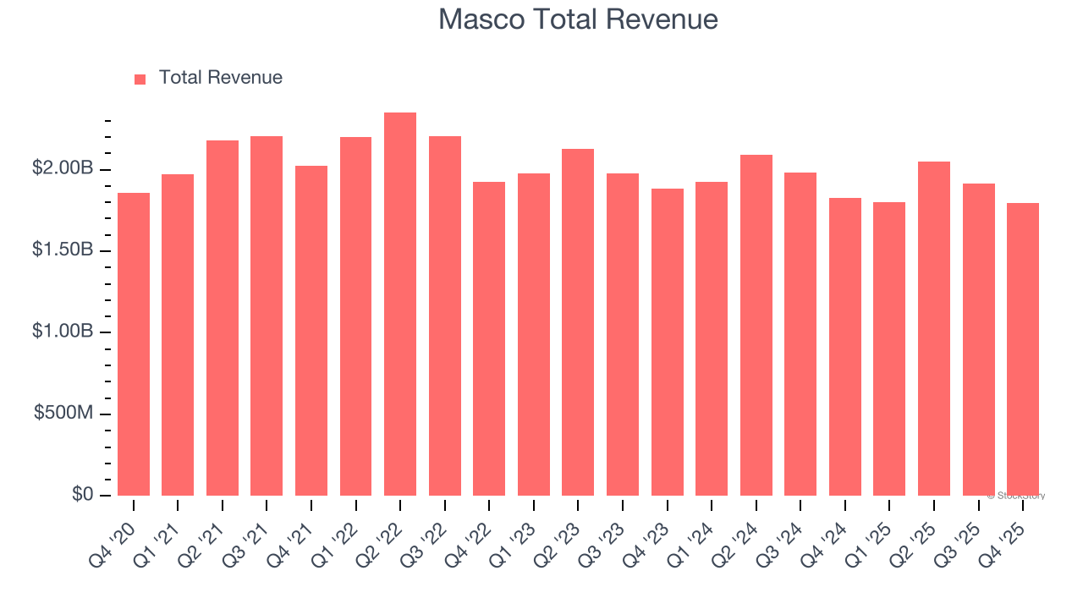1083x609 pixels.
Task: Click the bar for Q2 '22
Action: pyautogui.click(x=400, y=304)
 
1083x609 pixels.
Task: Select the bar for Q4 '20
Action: pyautogui.click(x=134, y=344)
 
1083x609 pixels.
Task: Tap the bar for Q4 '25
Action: pyautogui.click(x=1023, y=349)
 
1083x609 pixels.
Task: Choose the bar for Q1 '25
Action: pyautogui.click(x=889, y=348)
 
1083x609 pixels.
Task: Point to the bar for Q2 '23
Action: pyautogui.click(x=578, y=322)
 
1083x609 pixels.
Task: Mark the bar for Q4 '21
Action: pyautogui.click(x=311, y=331)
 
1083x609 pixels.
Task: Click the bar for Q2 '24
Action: pyautogui.click(x=756, y=326)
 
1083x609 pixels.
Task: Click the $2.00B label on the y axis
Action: pyautogui.click(x=63, y=168)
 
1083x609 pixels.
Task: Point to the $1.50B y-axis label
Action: pyautogui.click(x=63, y=250)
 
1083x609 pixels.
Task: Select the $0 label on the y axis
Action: pyautogui.click(x=82, y=494)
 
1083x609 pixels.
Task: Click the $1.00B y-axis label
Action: pyautogui.click(x=63, y=332)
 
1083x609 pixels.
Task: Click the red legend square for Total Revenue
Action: pyautogui.click(x=140, y=79)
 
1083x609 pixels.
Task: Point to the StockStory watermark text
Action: pyautogui.click(x=1018, y=496)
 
